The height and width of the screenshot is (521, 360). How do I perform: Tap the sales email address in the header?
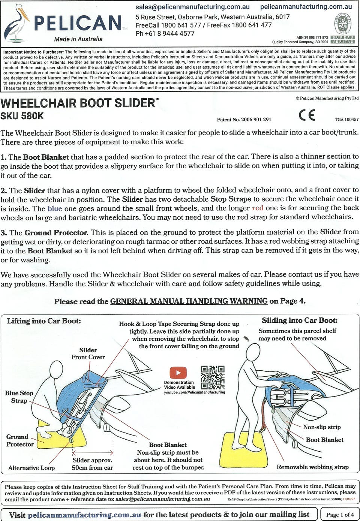point(192,7)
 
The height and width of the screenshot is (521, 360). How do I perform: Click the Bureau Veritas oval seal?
point(342,24)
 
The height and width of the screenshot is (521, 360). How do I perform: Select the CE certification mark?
point(307,115)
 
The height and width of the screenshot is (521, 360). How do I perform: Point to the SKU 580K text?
point(22,116)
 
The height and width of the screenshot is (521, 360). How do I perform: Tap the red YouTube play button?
point(178,373)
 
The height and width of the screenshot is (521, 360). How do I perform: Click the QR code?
point(213,377)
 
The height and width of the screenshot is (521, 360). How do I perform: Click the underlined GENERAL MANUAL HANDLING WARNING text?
point(189,301)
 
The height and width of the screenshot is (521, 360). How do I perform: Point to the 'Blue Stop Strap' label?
point(19,397)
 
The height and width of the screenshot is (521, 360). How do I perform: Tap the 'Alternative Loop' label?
point(31,468)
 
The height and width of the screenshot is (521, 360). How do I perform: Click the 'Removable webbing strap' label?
point(312,467)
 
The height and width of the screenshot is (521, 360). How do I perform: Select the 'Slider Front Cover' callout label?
point(88,353)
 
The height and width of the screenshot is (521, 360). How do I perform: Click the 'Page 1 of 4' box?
point(340,515)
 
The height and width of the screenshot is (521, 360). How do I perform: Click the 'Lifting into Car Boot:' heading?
point(44,321)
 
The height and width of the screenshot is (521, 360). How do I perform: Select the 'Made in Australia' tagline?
point(78,39)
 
